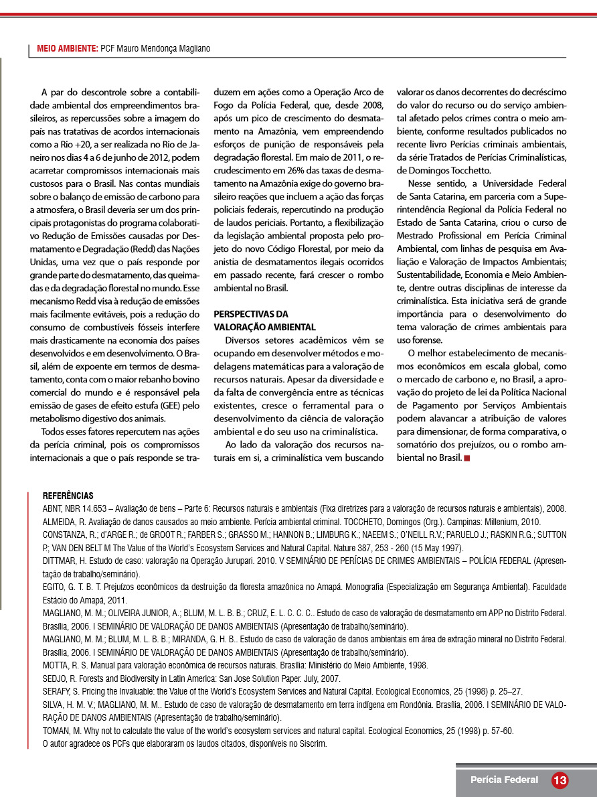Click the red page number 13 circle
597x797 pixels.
coord(560,780)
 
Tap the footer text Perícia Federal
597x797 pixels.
coord(504,780)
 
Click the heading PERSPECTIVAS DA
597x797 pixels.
coord(250,313)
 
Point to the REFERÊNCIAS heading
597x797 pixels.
coord(68,496)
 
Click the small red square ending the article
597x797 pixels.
coord(466,457)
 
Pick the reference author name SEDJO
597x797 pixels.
coord(55,678)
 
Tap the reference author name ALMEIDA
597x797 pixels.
coord(59,522)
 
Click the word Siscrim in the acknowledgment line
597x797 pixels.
coord(312,743)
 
